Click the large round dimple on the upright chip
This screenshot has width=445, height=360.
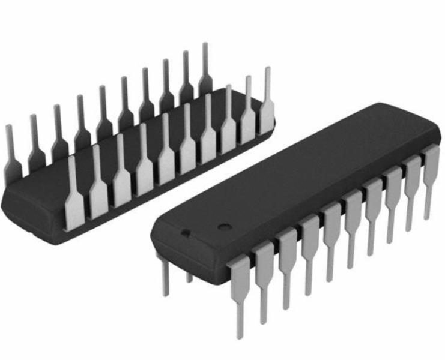[x=225, y=227]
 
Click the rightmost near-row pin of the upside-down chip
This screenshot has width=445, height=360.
[x=265, y=108]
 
